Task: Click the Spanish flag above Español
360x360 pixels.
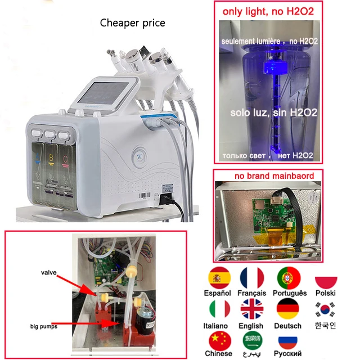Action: pyautogui.click(x=219, y=278)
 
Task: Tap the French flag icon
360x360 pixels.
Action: pyautogui.click(x=251, y=278)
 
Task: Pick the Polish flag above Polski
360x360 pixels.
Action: pyautogui.click(x=326, y=281)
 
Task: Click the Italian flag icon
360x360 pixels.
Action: pyautogui.click(x=219, y=310)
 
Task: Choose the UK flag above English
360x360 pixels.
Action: pyautogui.click(x=251, y=310)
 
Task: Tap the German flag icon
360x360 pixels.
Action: pyautogui.click(x=289, y=310)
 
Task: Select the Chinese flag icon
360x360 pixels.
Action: pyautogui.click(x=219, y=341)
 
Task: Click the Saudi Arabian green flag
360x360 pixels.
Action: pyautogui.click(x=251, y=341)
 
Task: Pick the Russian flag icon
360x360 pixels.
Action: pyautogui.click(x=289, y=341)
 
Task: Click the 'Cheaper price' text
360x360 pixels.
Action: pyautogui.click(x=133, y=22)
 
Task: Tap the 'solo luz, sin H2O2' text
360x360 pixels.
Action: pyautogui.click(x=274, y=112)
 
